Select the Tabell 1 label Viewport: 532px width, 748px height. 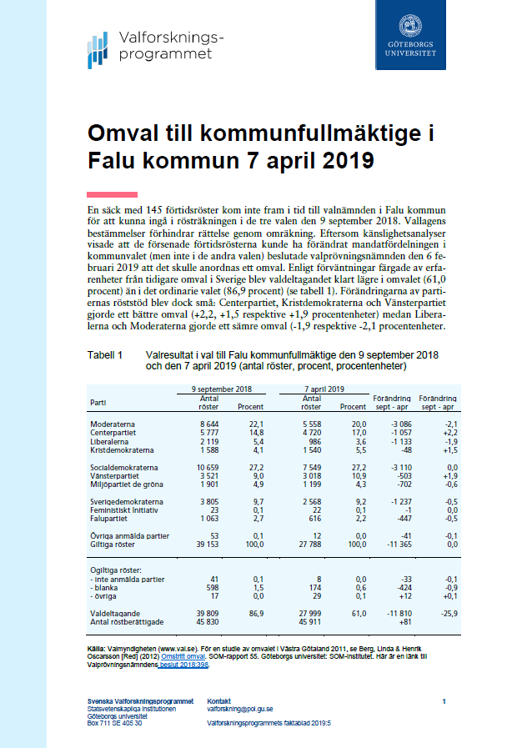pyautogui.click(x=105, y=354)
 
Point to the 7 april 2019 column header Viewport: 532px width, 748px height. pyautogui.click(x=324, y=389)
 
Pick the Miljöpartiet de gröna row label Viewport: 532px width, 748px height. pyautogui.click(x=125, y=484)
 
